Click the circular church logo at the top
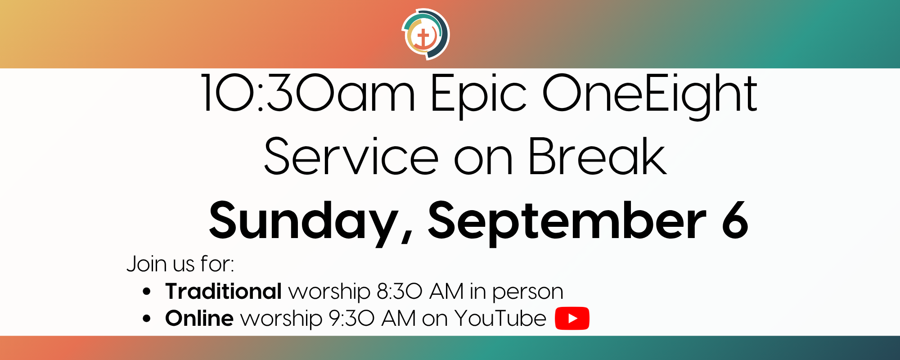click(x=426, y=34)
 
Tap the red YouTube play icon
click(x=572, y=318)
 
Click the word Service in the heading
click(x=351, y=157)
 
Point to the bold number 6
click(x=735, y=220)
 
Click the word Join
click(x=147, y=264)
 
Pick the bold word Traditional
click(x=224, y=291)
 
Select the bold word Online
click(x=199, y=318)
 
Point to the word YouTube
click(x=500, y=318)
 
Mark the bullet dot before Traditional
click(x=147, y=292)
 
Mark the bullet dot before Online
click(x=147, y=319)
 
